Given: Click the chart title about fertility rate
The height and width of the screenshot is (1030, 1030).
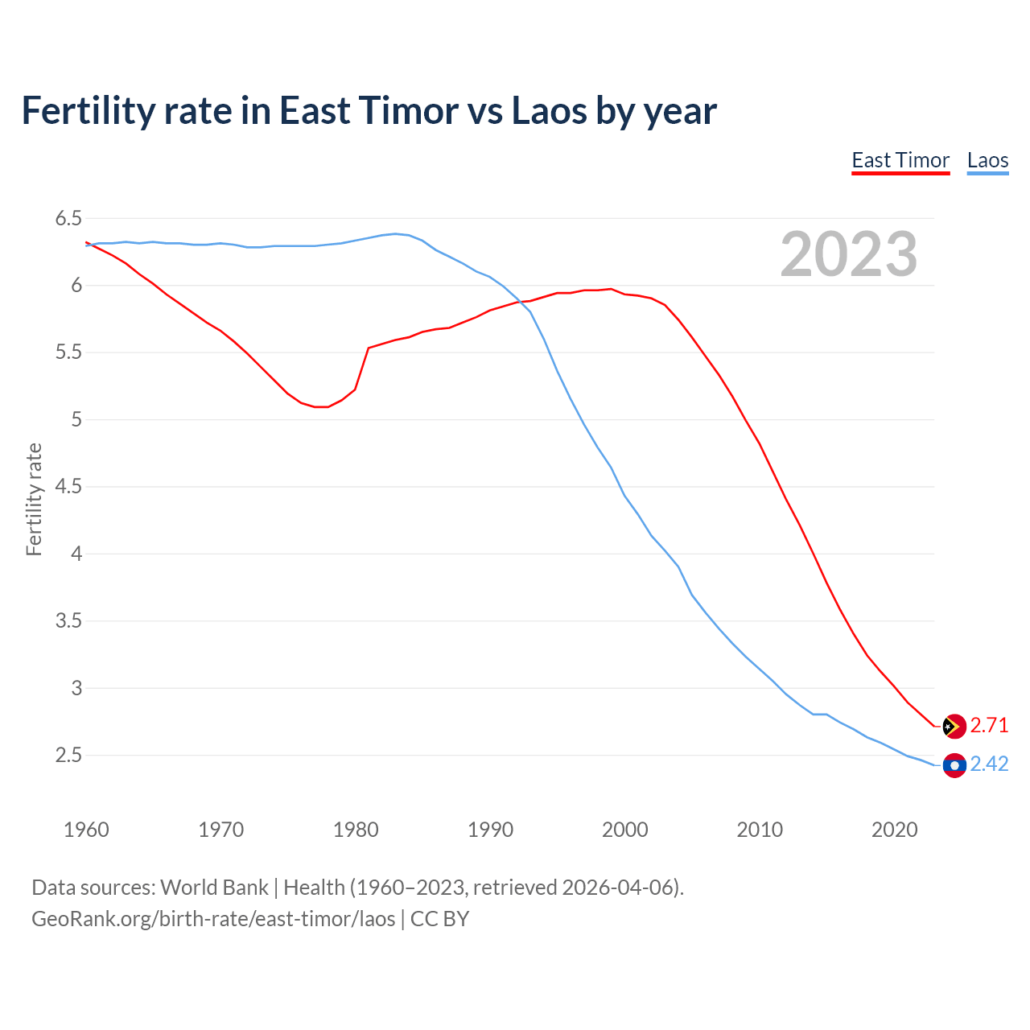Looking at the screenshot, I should (369, 111).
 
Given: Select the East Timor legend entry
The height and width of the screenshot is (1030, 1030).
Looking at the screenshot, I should (900, 160).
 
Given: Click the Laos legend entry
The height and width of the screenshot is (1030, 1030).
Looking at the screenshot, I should (987, 160).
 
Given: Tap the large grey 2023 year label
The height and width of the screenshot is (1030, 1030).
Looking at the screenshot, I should (848, 254).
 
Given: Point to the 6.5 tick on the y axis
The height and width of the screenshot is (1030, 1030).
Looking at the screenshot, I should (68, 219).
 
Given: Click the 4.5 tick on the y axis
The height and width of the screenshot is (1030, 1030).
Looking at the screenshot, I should (68, 487).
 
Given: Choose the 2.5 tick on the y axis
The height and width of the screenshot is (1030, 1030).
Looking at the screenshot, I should (68, 756).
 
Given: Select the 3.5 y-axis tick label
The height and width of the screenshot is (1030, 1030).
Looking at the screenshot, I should (68, 621).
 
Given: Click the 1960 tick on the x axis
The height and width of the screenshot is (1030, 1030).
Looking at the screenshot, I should (86, 830).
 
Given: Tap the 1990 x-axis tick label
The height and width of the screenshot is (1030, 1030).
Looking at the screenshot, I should (490, 830).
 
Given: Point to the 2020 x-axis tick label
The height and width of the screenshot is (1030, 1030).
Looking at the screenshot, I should (894, 830).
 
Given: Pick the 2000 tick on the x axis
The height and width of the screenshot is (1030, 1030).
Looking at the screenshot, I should (625, 830).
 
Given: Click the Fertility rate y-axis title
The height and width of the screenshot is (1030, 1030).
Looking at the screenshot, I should (34, 499).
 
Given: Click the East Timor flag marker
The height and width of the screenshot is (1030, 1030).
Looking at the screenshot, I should (954, 726).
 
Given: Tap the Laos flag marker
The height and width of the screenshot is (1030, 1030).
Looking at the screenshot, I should (954, 765).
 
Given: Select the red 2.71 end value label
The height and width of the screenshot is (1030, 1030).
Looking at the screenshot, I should (989, 726).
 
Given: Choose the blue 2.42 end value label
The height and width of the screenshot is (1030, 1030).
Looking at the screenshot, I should (989, 764).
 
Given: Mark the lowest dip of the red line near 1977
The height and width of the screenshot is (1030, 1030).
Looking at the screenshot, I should (321, 407).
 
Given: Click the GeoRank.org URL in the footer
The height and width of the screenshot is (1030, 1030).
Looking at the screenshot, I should (213, 919).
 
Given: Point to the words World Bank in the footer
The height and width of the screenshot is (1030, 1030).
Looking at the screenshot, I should (214, 888).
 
